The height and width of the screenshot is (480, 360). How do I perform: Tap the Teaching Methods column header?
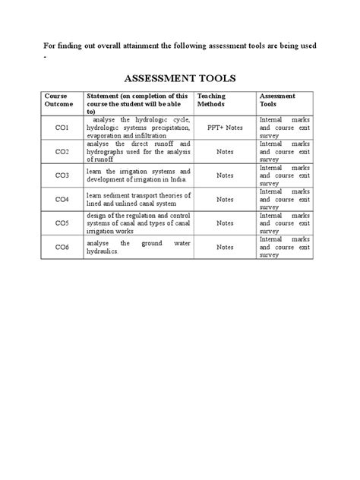211,100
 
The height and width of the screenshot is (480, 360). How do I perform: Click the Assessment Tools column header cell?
277,100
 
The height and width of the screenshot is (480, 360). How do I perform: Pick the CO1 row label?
62,128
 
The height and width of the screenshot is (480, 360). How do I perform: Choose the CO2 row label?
62,152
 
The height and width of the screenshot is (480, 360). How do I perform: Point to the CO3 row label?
62,175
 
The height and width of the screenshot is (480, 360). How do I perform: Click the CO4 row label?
62,200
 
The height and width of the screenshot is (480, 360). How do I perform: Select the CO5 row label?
62,223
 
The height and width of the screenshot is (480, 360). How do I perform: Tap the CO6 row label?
62,247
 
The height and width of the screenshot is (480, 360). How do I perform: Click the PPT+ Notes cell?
225,128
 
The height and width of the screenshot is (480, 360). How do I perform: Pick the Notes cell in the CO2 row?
225,152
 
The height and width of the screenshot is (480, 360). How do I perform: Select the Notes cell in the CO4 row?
225,200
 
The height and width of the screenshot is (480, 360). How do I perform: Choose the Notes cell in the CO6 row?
225,247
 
